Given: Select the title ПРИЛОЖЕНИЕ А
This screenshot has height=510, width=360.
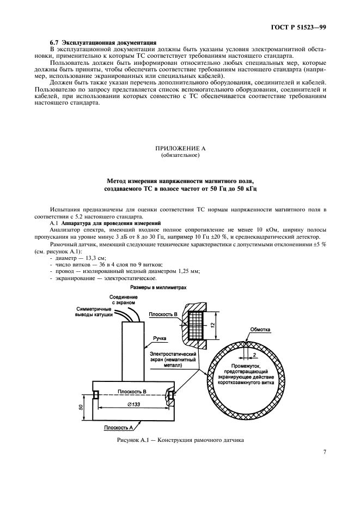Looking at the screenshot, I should (x=180, y=148).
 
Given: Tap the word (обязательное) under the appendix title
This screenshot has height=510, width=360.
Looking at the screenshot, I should (x=180, y=155).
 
